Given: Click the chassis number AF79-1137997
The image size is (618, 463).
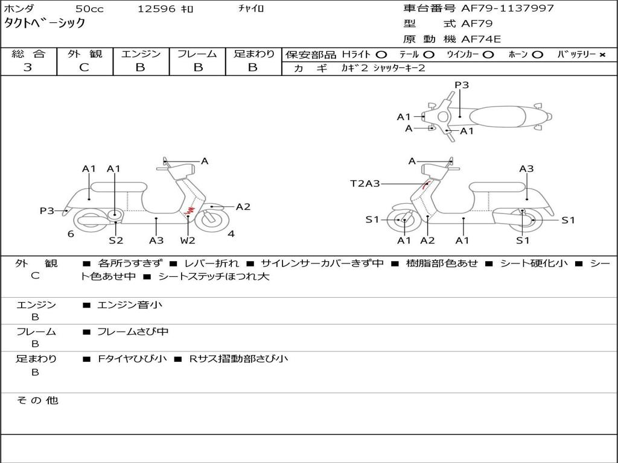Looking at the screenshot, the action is pyautogui.click(x=507, y=8).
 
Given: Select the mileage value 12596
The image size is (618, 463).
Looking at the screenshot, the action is pyautogui.click(x=156, y=8).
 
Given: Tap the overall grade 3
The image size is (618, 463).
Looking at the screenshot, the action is pyautogui.click(x=28, y=68).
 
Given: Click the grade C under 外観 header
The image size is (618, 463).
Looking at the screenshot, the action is pyautogui.click(x=84, y=68).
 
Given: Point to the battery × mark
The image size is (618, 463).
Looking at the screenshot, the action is pyautogui.click(x=602, y=55).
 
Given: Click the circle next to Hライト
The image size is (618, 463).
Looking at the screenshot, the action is pyautogui.click(x=381, y=55).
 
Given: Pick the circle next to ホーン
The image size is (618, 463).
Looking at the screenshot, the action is pyautogui.click(x=537, y=55).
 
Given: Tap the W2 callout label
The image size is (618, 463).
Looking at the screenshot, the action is pyautogui.click(x=188, y=241).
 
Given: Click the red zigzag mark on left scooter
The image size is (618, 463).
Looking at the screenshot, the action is pyautogui.click(x=190, y=210).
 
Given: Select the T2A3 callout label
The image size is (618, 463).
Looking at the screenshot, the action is pyautogui.click(x=365, y=183).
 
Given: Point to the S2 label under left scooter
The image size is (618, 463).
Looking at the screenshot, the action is pyautogui.click(x=116, y=241).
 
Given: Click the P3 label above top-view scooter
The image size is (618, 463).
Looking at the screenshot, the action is pyautogui.click(x=462, y=85).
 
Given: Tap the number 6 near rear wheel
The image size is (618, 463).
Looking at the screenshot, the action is pyautogui.click(x=71, y=234).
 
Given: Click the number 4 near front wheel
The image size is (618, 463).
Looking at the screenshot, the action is pyautogui.click(x=231, y=234).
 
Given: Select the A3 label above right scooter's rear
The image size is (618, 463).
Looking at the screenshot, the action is pyautogui.click(x=526, y=169).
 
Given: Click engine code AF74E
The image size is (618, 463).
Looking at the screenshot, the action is pyautogui.click(x=481, y=39).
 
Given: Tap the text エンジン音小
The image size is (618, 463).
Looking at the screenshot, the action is pyautogui.click(x=130, y=304).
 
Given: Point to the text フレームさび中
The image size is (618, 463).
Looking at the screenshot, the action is pyautogui.click(x=133, y=332).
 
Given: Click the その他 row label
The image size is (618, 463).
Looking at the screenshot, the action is pyautogui.click(x=37, y=400).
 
